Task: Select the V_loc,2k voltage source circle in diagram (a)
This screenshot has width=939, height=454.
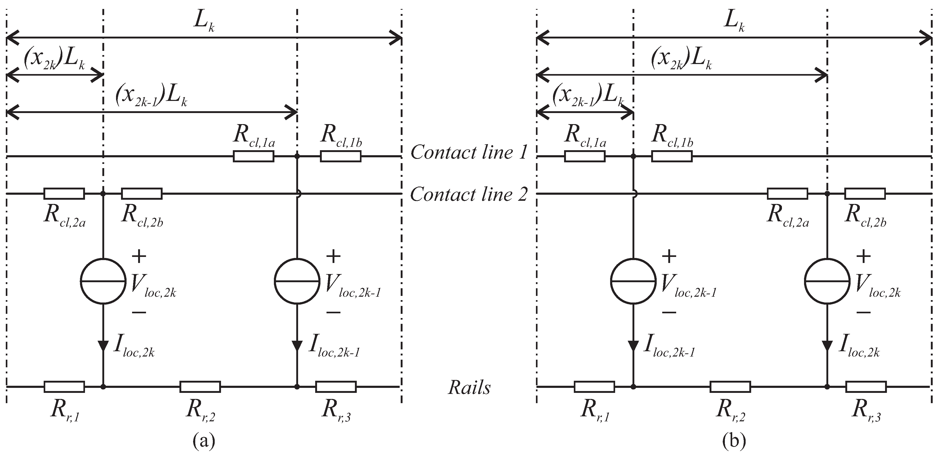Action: pyautogui.click(x=103, y=281)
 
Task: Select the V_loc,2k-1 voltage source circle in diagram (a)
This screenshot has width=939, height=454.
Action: pyautogui.click(x=297, y=281)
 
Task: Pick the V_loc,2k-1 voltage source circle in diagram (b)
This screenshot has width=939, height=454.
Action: pyautogui.click(x=633, y=281)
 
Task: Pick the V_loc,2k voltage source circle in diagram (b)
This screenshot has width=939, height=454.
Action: pyautogui.click(x=827, y=281)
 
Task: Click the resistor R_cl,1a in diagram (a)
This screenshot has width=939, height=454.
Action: pyautogui.click(x=253, y=157)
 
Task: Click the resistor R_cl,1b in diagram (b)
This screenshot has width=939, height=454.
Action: pyautogui.click(x=671, y=157)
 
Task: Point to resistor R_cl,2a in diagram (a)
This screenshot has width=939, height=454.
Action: pyautogui.click(x=64, y=194)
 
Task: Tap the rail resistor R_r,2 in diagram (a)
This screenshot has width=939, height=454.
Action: pyautogui.click(x=200, y=387)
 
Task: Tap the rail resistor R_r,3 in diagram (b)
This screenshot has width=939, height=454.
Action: pyautogui.click(x=866, y=387)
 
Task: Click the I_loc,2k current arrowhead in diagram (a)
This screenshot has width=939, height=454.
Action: pyautogui.click(x=103, y=345)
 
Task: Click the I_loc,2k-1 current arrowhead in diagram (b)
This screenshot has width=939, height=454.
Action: pyautogui.click(x=633, y=345)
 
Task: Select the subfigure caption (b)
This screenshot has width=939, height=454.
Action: pyautogui.click(x=734, y=441)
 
